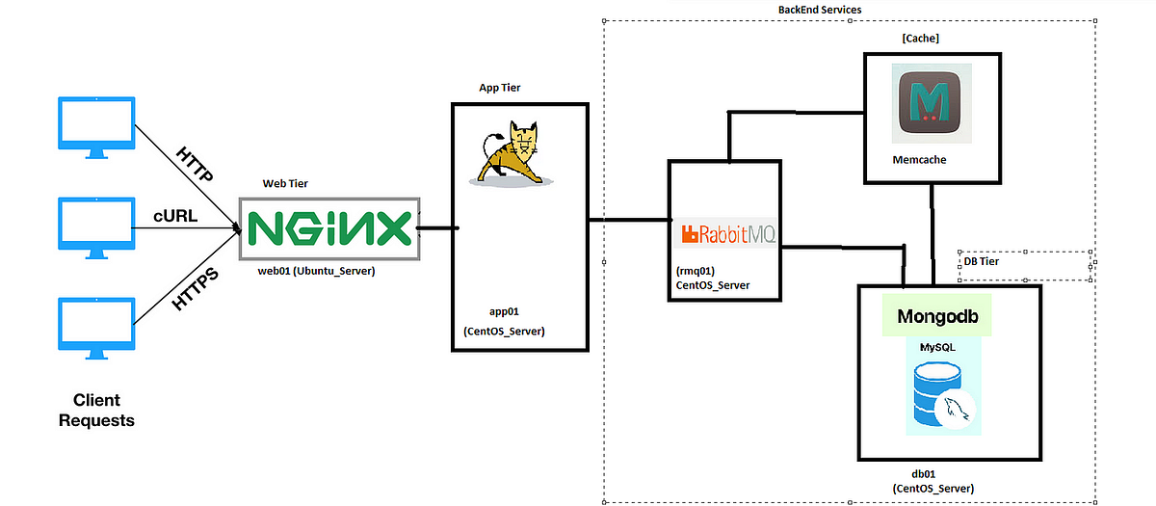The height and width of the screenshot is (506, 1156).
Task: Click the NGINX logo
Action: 328,229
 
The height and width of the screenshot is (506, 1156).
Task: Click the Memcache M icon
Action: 932,100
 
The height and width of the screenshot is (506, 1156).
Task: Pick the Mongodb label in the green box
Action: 937,316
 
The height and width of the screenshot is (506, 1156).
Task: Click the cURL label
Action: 175,216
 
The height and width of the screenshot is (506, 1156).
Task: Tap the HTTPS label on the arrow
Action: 196,288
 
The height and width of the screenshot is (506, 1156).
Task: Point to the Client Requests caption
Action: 96,410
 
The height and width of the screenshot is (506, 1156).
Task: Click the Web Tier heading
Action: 287,183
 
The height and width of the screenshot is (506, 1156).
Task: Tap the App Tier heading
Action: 502,88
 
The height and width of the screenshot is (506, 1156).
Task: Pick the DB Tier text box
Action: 1027,266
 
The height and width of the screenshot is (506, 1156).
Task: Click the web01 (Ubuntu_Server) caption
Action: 316,271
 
